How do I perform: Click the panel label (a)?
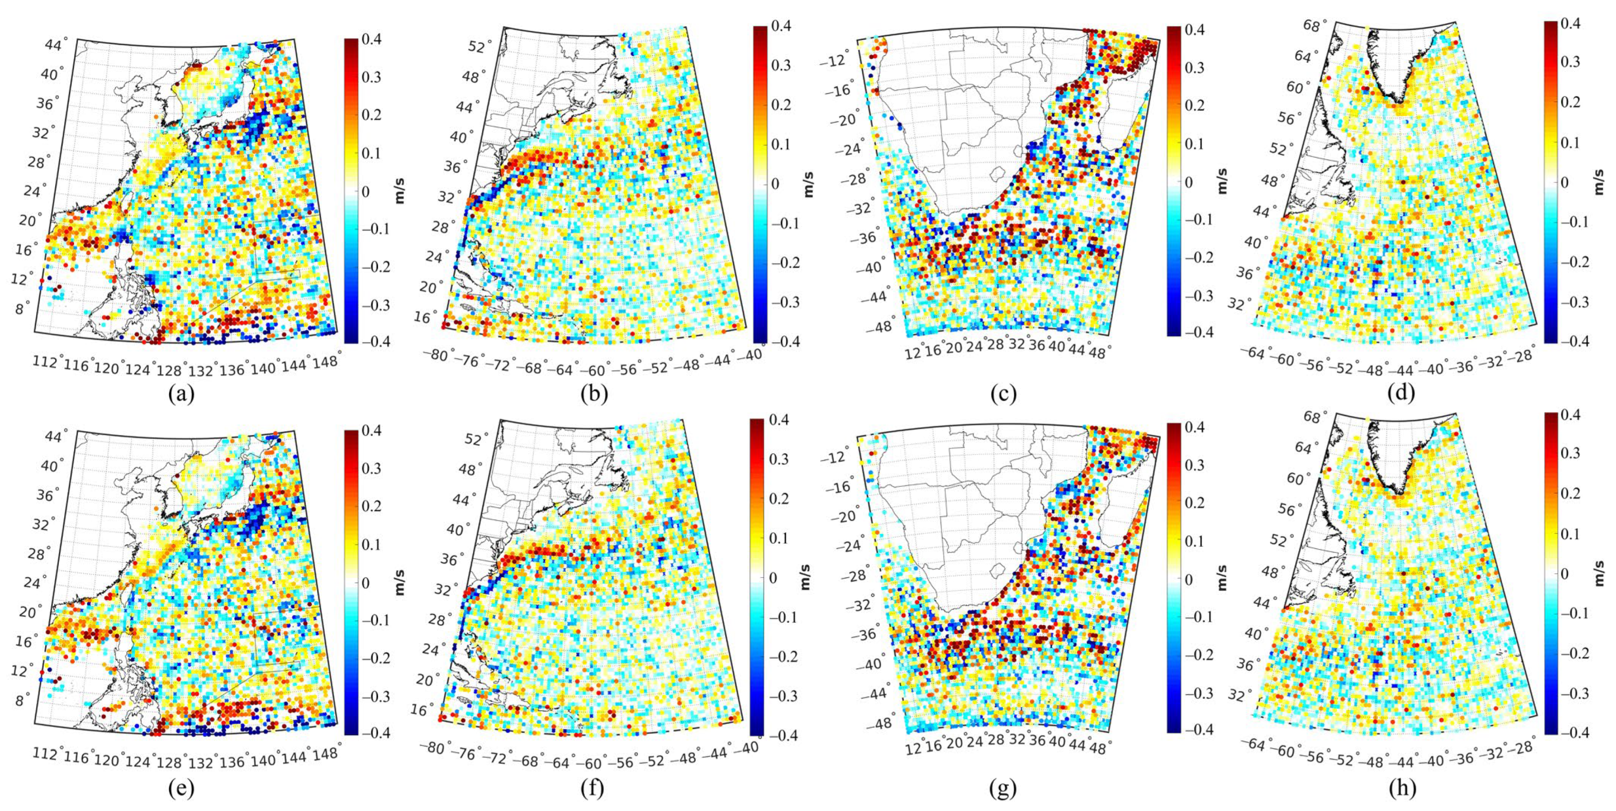tap(182, 394)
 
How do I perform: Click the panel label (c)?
tap(1002, 394)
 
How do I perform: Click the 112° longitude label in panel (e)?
tap(49, 753)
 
